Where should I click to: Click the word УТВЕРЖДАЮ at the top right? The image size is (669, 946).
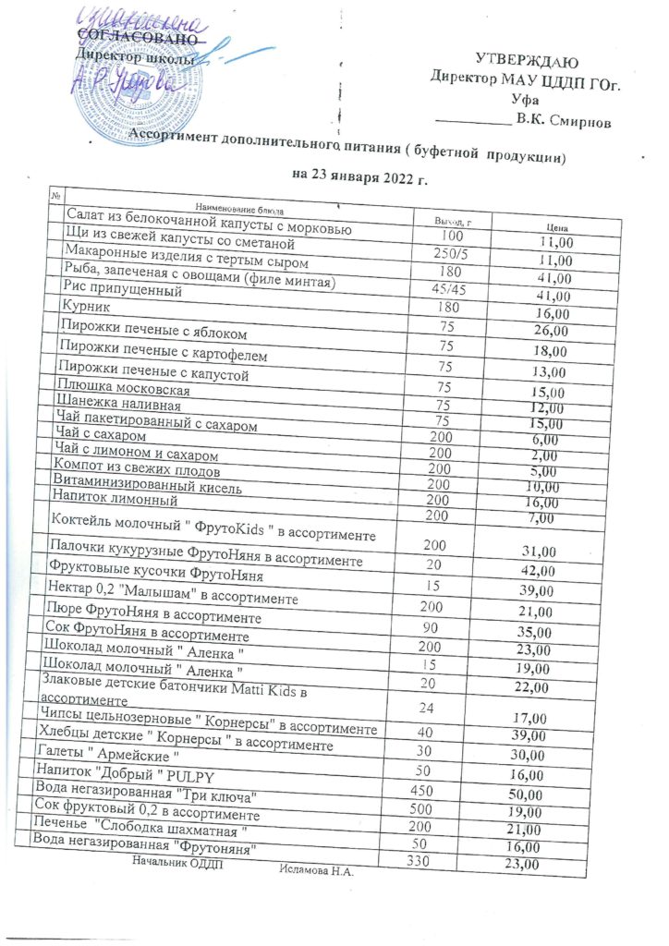coord(527,62)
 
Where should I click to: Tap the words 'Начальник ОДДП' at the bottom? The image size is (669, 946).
coord(177,862)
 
